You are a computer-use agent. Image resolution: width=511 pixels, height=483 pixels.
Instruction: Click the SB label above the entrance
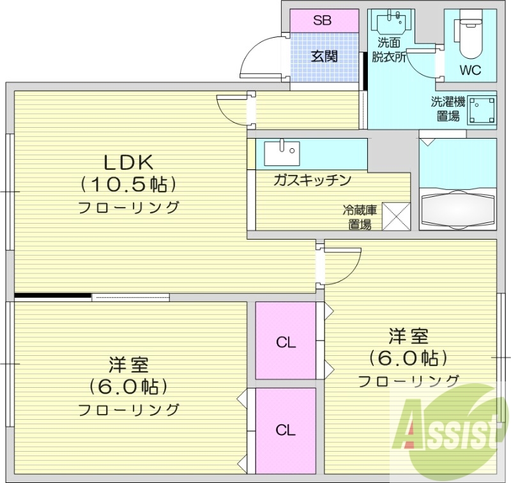[323, 20]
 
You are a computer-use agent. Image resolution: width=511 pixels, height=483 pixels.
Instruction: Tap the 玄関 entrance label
[324, 56]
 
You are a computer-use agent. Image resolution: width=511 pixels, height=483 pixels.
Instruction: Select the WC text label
[470, 70]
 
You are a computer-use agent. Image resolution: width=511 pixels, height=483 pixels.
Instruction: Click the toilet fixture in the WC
[469, 38]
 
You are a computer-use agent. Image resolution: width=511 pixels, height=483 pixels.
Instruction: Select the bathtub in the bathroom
[457, 208]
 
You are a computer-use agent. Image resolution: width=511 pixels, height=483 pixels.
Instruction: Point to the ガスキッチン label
[312, 180]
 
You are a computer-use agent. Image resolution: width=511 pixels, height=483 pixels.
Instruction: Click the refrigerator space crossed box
[396, 216]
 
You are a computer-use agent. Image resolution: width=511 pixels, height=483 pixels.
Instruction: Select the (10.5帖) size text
[128, 185]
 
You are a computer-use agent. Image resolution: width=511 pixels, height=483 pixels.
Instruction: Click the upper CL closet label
[286, 342]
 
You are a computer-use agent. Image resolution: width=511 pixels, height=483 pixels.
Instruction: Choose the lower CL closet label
[286, 430]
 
